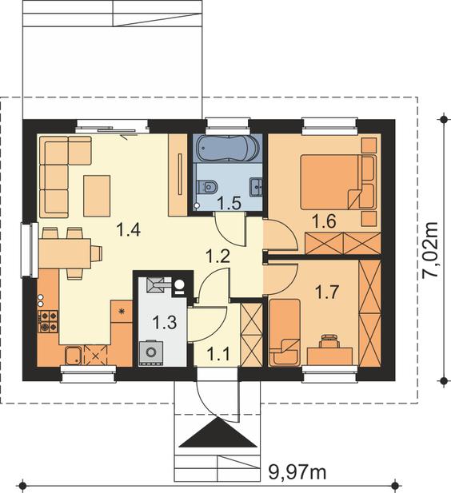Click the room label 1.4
pos(128,229)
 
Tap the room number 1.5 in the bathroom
pos(229,203)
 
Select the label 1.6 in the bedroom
pos(324,221)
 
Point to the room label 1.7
pos(327,292)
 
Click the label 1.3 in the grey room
pos(164,322)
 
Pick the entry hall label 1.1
pos(219,354)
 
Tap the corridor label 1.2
pos(218,256)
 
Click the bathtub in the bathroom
pos(228,148)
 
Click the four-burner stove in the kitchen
pos(48,321)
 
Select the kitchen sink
pos(74,356)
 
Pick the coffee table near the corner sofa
pos(97,196)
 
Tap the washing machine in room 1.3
pos(151,352)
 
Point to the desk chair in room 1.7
pos(329,341)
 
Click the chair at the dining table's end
pos(96,253)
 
